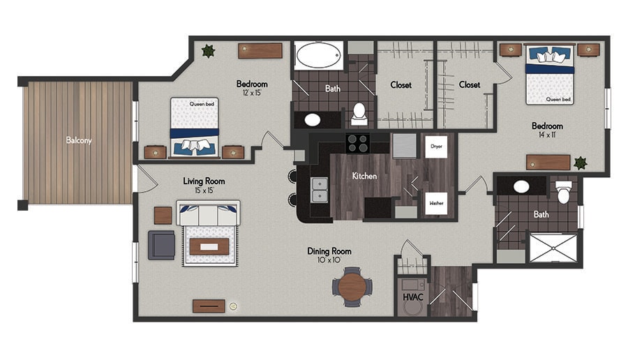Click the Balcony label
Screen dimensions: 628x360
[x=79, y=140]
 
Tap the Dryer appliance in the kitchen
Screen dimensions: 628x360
[x=436, y=147]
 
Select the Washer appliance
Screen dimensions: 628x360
[x=436, y=204]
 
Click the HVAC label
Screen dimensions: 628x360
[x=413, y=297]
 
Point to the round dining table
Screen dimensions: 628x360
[x=352, y=287]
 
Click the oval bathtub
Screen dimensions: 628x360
[x=318, y=55]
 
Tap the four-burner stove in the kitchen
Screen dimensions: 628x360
[x=358, y=143]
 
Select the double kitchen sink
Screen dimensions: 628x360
[x=320, y=190]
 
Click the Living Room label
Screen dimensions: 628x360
[x=204, y=181]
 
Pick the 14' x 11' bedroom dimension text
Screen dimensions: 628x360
[x=546, y=135]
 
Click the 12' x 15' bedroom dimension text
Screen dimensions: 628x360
[x=252, y=93]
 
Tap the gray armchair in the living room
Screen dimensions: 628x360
[x=161, y=245]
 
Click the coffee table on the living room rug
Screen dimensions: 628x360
[x=209, y=247]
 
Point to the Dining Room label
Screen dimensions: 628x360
[x=329, y=251]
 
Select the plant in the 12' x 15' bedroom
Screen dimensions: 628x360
[x=208, y=51]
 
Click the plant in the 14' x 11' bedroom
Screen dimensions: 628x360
[x=580, y=163]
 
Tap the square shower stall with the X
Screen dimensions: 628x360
[x=553, y=248]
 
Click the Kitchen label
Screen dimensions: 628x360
[x=364, y=176]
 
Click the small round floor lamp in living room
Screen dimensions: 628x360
[x=233, y=306]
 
